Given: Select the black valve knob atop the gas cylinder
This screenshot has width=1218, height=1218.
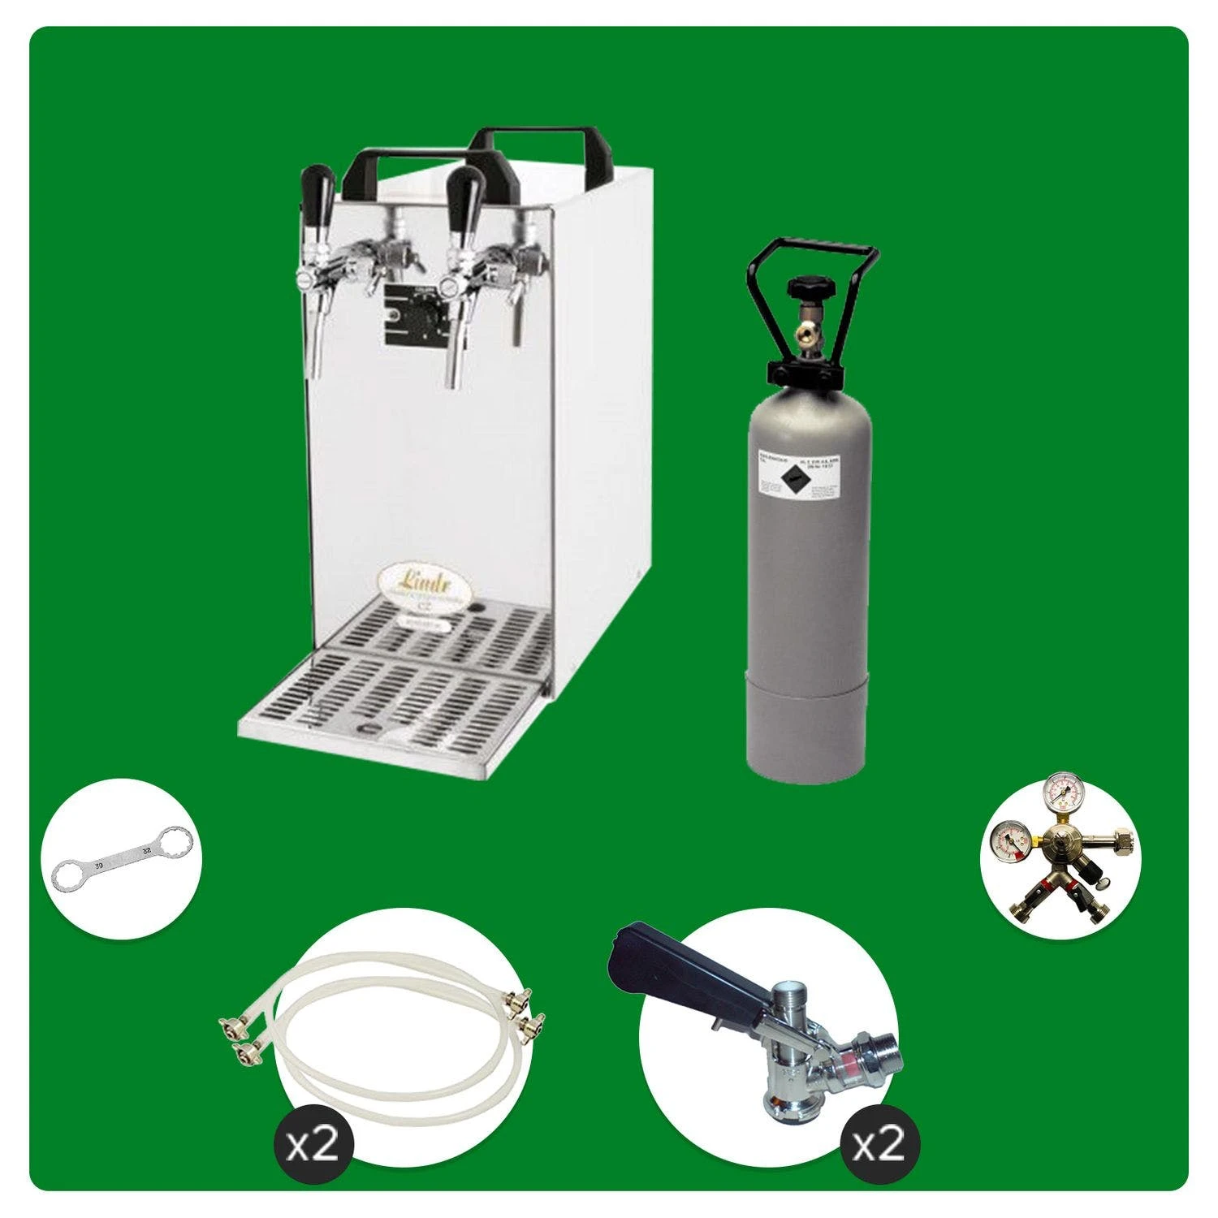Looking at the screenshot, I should [806, 288].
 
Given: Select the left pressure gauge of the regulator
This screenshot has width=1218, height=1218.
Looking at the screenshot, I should [1007, 841].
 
